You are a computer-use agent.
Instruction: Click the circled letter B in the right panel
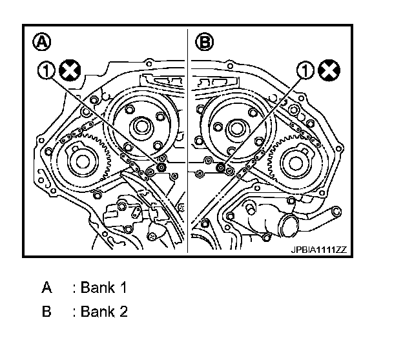205,43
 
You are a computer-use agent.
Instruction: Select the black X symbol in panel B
328,70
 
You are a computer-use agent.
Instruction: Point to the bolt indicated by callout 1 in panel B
222,168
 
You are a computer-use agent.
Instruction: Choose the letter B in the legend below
46,312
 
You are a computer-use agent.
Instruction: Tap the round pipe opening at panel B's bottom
287,228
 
